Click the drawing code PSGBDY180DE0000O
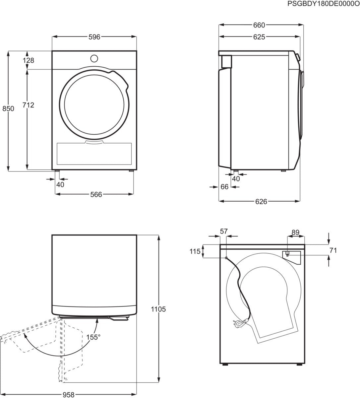click(324, 4)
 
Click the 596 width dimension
click(94, 37)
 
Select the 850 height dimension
click(8, 108)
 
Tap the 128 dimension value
click(29, 60)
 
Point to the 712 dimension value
click(28, 105)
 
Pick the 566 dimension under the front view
click(96, 194)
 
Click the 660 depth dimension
click(259, 25)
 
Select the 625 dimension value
click(259, 37)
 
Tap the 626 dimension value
click(261, 202)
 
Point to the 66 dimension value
click(224, 187)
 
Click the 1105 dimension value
click(158, 309)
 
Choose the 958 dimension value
click(68, 395)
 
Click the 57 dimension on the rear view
click(224, 232)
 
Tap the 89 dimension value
click(296, 232)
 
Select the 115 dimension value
click(195, 251)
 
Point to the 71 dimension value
click(333, 250)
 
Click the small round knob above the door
click(94, 58)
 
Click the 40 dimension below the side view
click(236, 179)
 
